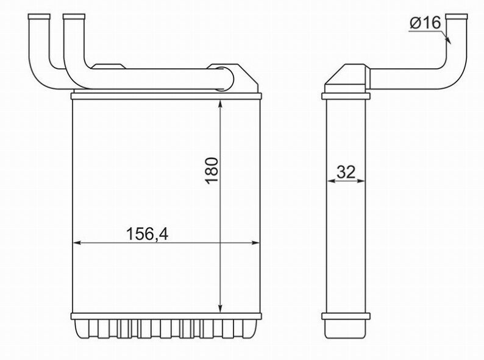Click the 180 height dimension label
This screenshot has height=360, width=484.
point(212,171)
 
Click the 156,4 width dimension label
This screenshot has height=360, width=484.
point(148,234)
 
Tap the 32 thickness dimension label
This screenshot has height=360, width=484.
point(346,172)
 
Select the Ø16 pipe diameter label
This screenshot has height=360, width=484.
point(425,23)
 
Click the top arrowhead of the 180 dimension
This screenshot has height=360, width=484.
point(220,104)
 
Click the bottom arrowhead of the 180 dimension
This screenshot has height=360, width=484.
point(220,309)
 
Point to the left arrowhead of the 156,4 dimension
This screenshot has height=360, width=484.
point(77,243)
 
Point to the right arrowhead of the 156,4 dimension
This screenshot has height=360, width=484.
point(255,243)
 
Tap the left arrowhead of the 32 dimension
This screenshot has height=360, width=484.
point(330,181)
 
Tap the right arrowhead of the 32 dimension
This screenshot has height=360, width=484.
point(361,181)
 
